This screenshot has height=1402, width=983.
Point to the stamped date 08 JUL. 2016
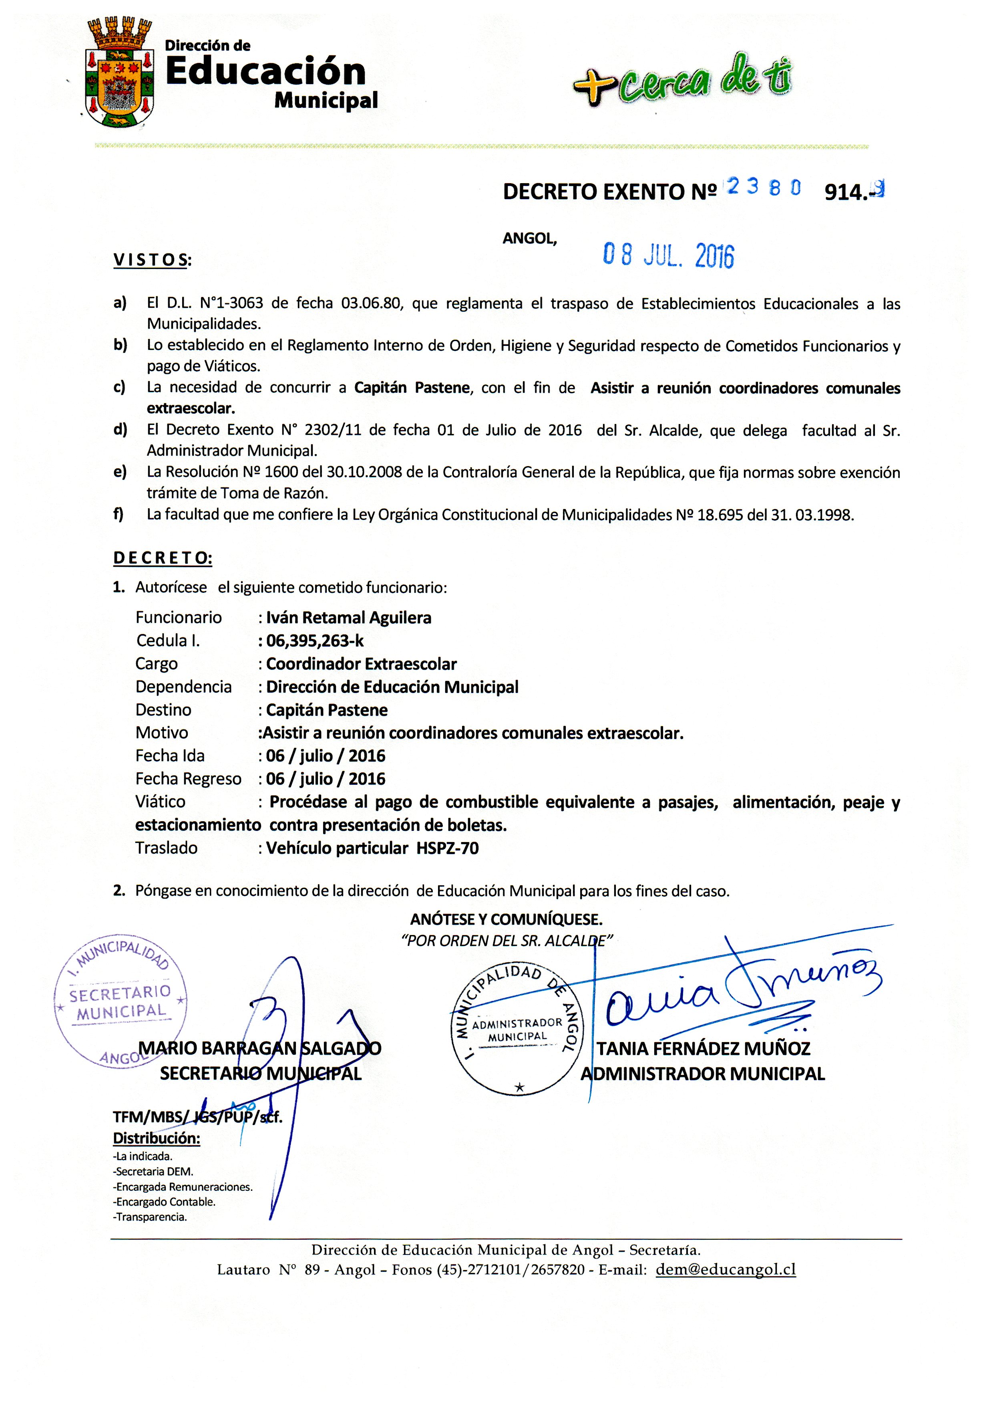pos(668,255)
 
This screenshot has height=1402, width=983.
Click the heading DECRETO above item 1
pos(162,558)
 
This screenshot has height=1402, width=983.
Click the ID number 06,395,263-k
pos(315,640)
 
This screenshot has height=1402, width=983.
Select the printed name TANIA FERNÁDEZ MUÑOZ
pos(703,1048)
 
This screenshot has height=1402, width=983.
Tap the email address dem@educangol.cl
pos(726,1269)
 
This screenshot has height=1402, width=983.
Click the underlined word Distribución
pos(156,1138)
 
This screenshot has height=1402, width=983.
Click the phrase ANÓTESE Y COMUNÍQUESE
pos(506,919)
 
